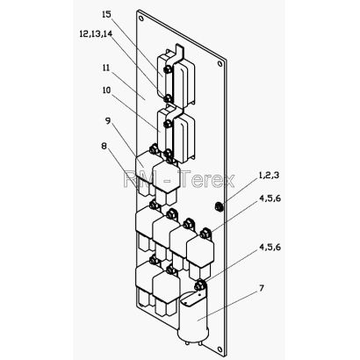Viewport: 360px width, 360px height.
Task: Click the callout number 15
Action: pos(107,14)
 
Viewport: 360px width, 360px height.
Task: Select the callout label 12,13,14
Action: pos(96,33)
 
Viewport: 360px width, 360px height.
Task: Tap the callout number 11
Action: pos(105,68)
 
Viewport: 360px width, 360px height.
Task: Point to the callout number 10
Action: pos(106,90)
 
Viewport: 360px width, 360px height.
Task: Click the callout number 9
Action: pos(108,120)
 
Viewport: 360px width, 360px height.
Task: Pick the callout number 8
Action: pos(104,146)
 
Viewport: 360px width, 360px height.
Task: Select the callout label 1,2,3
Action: pos(269,176)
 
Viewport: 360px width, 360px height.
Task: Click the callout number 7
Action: pos(262,288)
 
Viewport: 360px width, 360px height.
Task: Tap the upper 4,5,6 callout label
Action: pos(270,198)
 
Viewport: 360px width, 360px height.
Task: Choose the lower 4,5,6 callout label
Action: pos(270,248)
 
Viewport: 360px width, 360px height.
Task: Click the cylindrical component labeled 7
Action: pos(193,318)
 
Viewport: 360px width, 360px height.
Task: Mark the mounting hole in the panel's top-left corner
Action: pos(141,18)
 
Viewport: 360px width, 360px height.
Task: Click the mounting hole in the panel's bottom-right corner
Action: pos(220,349)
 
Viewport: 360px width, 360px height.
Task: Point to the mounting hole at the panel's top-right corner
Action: pos(220,63)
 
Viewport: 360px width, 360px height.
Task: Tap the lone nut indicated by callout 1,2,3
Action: pos(219,207)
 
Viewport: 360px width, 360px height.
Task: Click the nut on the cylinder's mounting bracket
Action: pos(199,284)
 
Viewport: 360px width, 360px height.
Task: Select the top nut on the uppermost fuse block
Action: pos(168,69)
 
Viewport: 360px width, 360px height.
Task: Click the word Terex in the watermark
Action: pos(206,178)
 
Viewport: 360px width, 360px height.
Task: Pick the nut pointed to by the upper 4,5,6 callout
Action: pos(205,234)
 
